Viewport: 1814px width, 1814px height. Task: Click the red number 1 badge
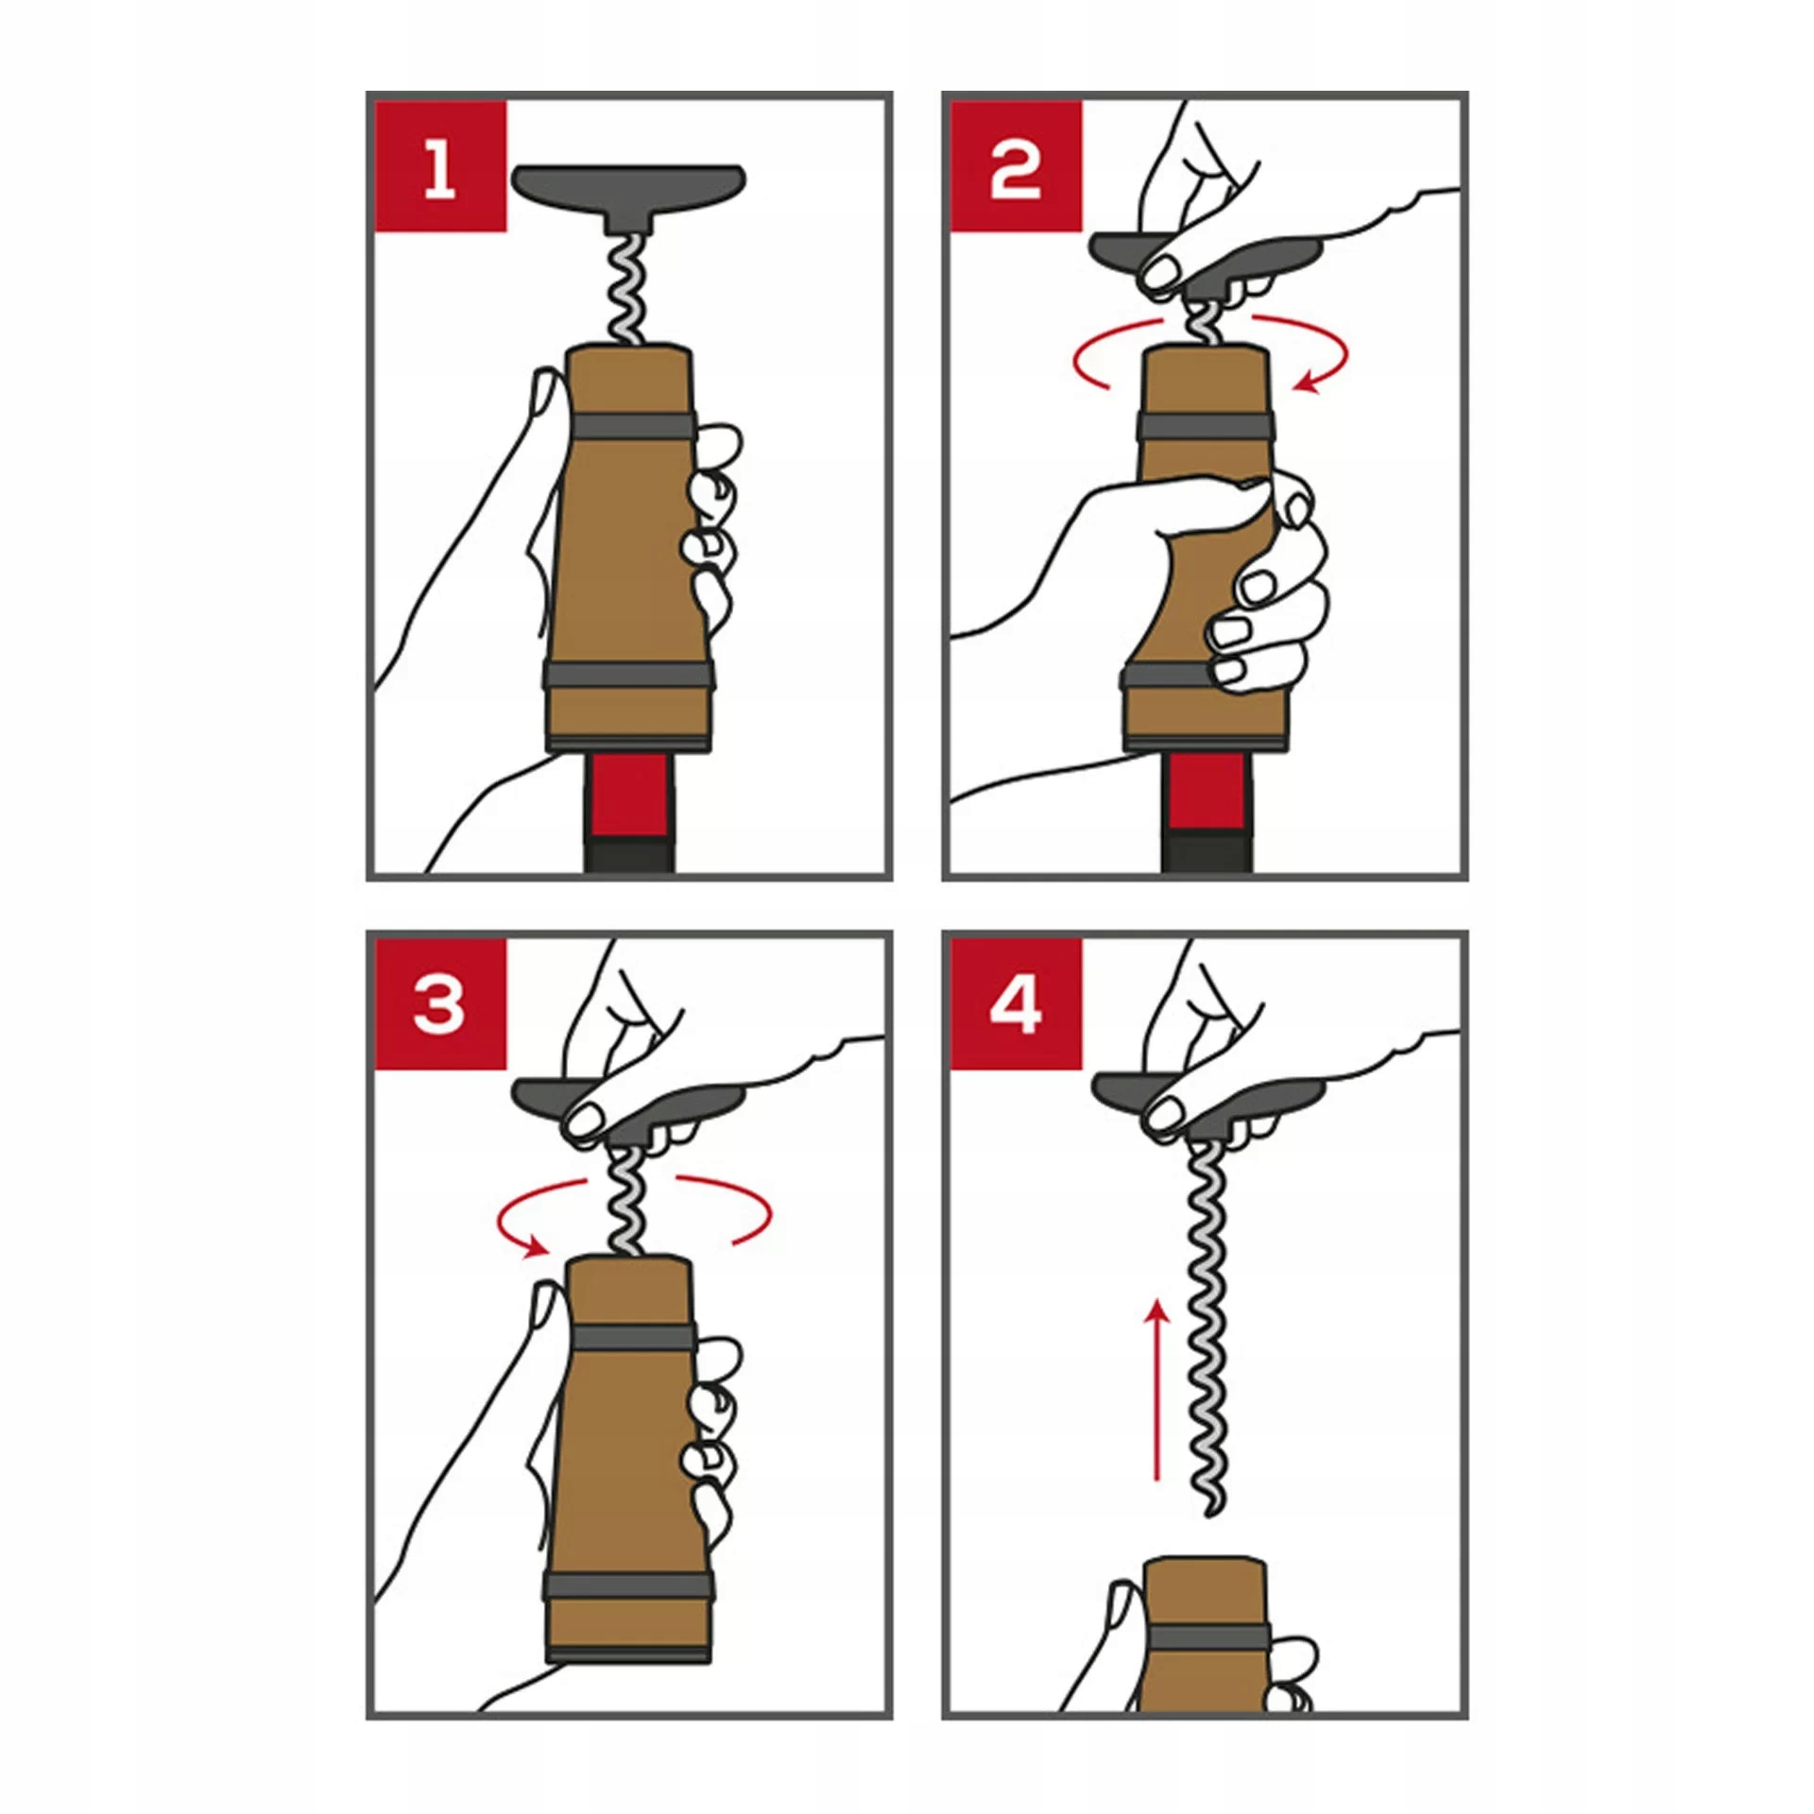point(440,166)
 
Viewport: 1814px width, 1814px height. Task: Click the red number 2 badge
point(1016,166)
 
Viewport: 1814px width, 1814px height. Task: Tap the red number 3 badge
point(440,1004)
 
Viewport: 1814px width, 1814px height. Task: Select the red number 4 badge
point(1016,1004)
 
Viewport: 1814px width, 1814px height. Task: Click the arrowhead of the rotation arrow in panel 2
point(1306,382)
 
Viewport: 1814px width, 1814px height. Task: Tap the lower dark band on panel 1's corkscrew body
point(628,676)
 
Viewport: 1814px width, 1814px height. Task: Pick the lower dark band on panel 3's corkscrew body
point(628,1587)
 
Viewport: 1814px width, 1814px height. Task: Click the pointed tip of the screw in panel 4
point(1210,1515)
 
